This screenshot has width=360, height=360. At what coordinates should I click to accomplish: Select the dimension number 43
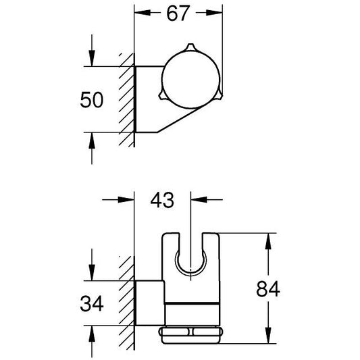(x=163, y=200)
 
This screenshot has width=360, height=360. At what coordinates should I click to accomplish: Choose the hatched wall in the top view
(x=126, y=99)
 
